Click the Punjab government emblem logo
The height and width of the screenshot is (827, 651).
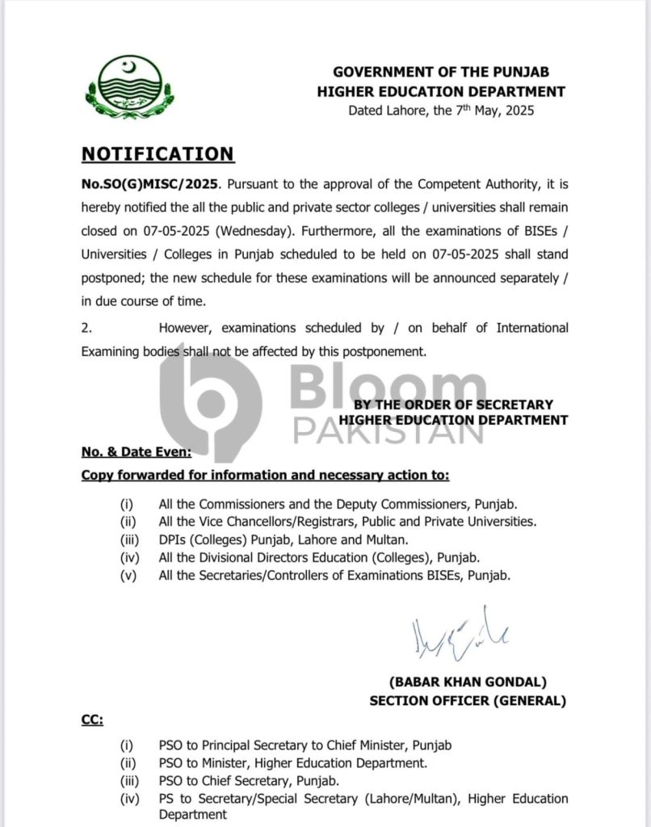[129, 88]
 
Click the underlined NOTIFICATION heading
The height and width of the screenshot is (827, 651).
[157, 153]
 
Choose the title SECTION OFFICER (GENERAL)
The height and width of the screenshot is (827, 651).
[468, 700]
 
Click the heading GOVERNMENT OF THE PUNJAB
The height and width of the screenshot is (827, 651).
[450, 73]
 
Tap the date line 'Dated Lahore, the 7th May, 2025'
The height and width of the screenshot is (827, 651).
[441, 111]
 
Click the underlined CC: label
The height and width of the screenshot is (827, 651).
[92, 719]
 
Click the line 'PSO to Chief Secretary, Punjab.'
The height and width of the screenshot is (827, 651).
[249, 780]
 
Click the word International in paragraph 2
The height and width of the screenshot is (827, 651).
[531, 328]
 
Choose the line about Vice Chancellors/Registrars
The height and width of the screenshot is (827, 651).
[347, 522]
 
